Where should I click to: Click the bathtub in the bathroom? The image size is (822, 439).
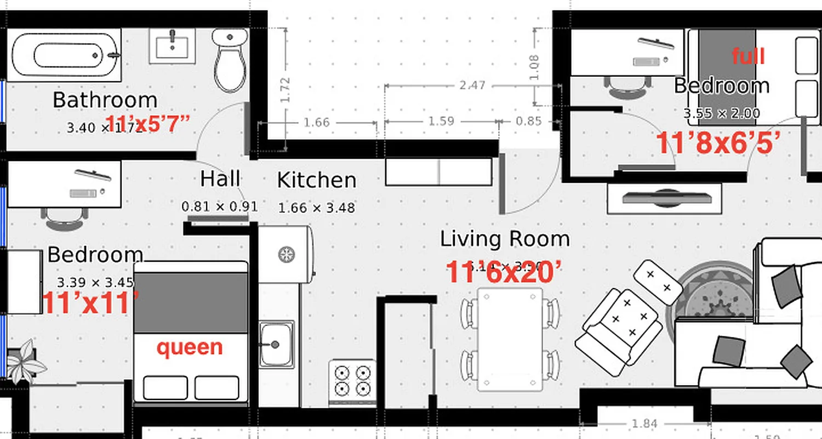(65, 55)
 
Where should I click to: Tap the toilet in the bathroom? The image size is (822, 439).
(230, 60)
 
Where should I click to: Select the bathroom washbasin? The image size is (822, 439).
(173, 47)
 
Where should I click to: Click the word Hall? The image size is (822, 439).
(220, 179)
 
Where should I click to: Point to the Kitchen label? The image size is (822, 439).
(316, 181)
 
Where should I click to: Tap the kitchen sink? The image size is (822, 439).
(276, 345)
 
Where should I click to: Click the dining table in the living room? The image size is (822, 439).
(510, 339)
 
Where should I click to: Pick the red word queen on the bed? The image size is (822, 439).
(190, 347)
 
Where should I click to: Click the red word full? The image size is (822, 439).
(748, 56)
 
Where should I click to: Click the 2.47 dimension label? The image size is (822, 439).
(472, 86)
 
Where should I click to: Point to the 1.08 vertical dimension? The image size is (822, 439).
(535, 67)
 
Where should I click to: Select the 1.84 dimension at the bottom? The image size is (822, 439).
(644, 424)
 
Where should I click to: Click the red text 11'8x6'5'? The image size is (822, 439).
(718, 144)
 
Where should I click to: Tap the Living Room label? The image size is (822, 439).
(505, 239)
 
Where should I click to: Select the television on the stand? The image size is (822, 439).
(664, 198)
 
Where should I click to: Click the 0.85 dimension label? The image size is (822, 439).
(529, 121)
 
